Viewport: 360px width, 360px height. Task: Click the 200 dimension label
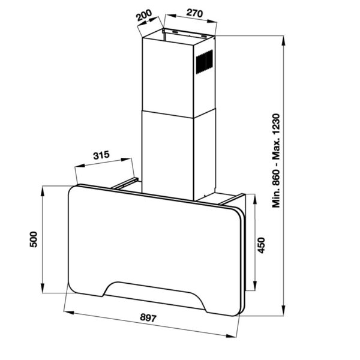tap(144, 15)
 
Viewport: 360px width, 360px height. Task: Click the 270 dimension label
tap(194, 13)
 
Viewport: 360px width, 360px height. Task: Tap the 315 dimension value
tap(101, 155)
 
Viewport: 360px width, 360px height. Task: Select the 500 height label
tap(34, 239)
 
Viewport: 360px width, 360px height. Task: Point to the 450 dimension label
tap(262, 245)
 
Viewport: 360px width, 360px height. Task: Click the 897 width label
tap(148, 318)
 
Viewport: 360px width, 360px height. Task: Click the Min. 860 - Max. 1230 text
tap(276, 161)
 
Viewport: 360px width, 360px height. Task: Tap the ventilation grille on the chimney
tap(204, 62)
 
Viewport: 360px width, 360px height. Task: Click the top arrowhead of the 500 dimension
tap(43, 191)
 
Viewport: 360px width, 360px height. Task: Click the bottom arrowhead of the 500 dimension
tap(43, 288)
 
